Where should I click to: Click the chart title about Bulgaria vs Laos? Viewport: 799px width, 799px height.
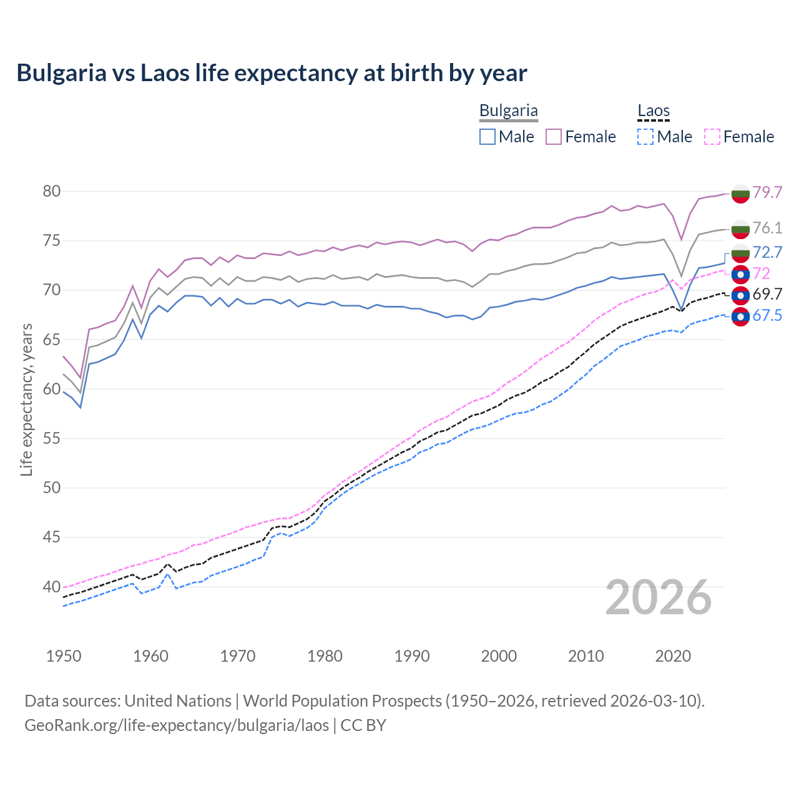click(x=272, y=73)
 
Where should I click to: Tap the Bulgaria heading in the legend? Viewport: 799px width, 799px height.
click(x=508, y=111)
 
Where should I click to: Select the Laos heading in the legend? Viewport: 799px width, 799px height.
click(x=653, y=111)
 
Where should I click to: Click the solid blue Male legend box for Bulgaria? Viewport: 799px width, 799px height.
click(x=488, y=137)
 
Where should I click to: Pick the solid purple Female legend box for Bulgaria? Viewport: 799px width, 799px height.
click(x=554, y=137)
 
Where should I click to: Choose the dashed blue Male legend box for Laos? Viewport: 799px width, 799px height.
click(x=645, y=137)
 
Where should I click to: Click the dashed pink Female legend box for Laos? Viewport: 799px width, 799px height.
click(x=712, y=137)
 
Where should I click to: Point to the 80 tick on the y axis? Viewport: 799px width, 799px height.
click(x=52, y=192)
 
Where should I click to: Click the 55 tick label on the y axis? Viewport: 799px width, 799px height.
click(x=52, y=439)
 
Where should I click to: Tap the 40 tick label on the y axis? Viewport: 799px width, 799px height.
click(x=52, y=587)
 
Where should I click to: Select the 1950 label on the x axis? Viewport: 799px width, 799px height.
click(x=64, y=656)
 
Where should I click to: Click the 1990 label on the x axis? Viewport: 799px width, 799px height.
click(x=412, y=656)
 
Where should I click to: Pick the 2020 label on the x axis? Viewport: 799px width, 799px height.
click(x=673, y=656)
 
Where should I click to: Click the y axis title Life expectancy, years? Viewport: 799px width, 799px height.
click(x=26, y=399)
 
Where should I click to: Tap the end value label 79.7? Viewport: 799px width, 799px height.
click(x=767, y=192)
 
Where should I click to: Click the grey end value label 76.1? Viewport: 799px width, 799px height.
click(x=767, y=228)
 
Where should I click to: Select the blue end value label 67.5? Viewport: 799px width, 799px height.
click(x=767, y=316)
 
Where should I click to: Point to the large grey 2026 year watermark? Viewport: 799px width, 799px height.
click(x=659, y=597)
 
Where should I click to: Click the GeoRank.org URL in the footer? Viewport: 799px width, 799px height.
click(x=177, y=725)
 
